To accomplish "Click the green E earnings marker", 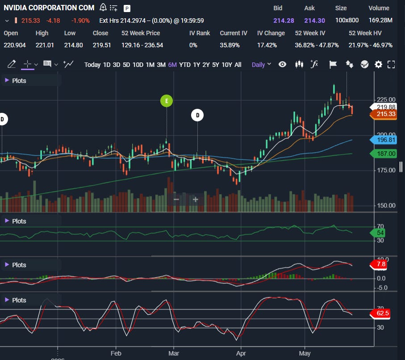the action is [x=167, y=101].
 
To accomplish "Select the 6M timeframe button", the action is [x=172, y=65].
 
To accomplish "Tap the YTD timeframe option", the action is [x=185, y=65].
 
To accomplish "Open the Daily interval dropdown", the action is [x=261, y=65].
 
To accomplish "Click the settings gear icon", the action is [x=378, y=64].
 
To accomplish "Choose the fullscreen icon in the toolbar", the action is [x=391, y=64].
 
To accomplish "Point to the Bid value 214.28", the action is [x=284, y=21].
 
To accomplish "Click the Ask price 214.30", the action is [x=314, y=21].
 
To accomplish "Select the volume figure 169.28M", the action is [x=380, y=20].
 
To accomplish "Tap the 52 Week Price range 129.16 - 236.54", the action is [x=142, y=45].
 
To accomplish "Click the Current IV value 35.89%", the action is [x=230, y=45].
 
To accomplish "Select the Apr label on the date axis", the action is [x=241, y=353].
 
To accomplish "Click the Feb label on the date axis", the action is [x=116, y=353].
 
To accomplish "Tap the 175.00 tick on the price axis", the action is [x=386, y=170].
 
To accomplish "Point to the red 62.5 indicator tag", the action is [x=380, y=313].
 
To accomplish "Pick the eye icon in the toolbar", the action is [x=282, y=64].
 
